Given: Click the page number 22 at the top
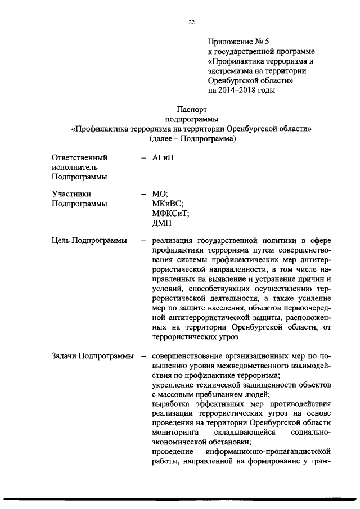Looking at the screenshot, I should tap(191, 22).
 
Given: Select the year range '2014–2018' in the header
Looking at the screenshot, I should tap(241, 89).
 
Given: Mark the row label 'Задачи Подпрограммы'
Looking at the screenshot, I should tap(92, 356).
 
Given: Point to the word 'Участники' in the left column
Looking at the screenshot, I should tap(71, 194).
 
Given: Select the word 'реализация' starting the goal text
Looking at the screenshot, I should tap(172, 242).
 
